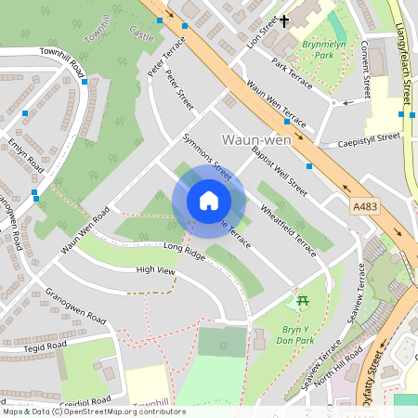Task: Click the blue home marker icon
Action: point(209,202)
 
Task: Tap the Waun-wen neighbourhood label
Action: point(255,139)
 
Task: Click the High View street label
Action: point(155,270)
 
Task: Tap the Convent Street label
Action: point(366,70)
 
